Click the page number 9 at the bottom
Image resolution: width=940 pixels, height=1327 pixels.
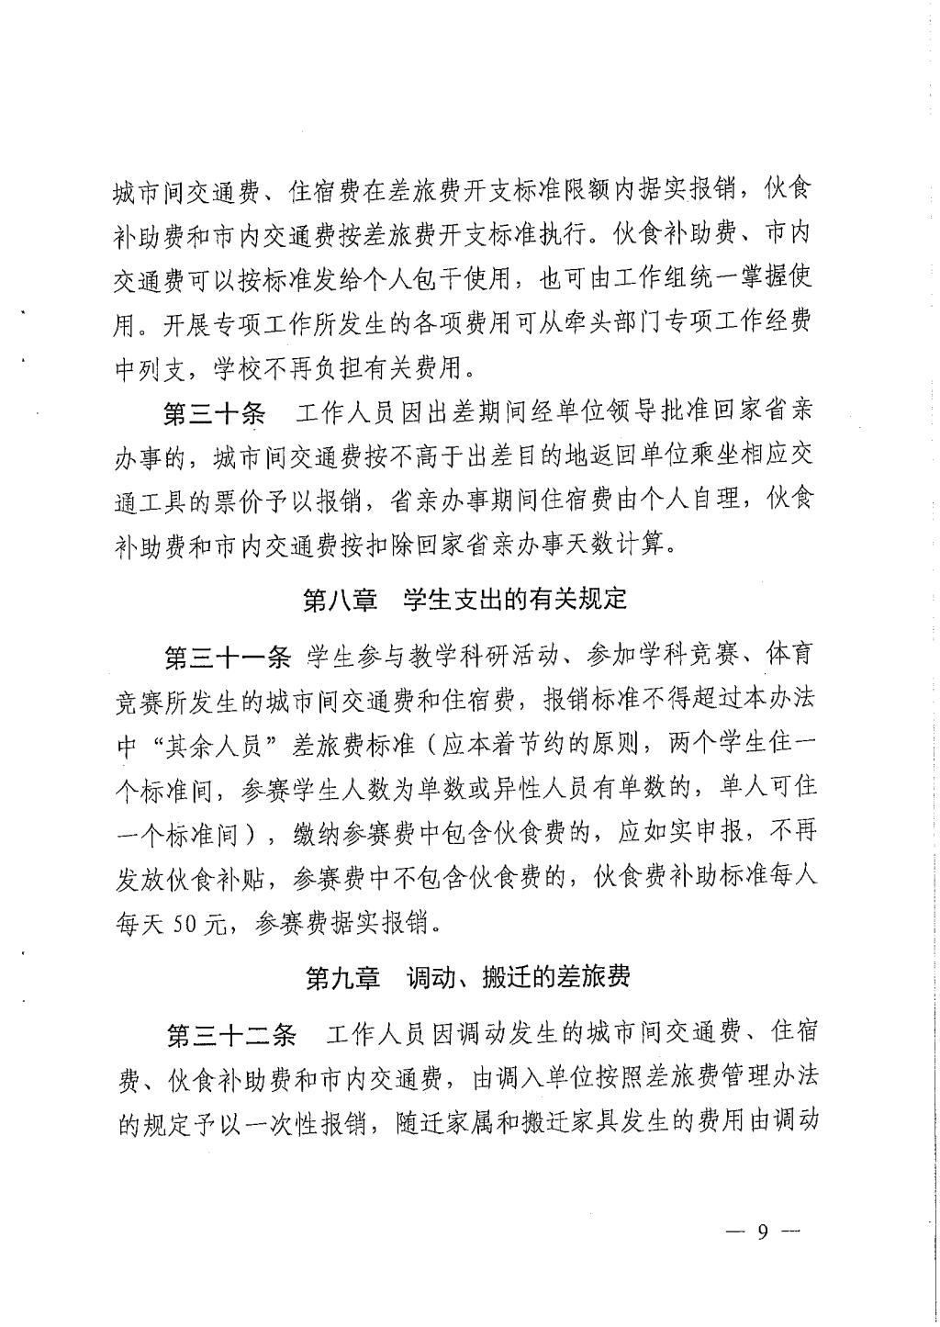tap(761, 1232)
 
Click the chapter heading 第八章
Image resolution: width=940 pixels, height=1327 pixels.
tap(340, 600)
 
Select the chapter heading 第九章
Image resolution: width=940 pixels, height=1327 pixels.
tap(342, 977)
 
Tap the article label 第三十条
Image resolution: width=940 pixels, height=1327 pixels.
tap(214, 413)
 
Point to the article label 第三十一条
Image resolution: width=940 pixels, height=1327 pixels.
tap(227, 657)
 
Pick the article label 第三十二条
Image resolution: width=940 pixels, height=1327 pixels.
tap(229, 1035)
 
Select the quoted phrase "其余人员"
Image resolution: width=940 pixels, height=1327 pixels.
tap(210, 747)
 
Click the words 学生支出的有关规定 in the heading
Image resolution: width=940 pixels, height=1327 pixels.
tap(515, 600)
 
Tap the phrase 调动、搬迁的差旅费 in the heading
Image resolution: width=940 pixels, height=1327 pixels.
tap(519, 977)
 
